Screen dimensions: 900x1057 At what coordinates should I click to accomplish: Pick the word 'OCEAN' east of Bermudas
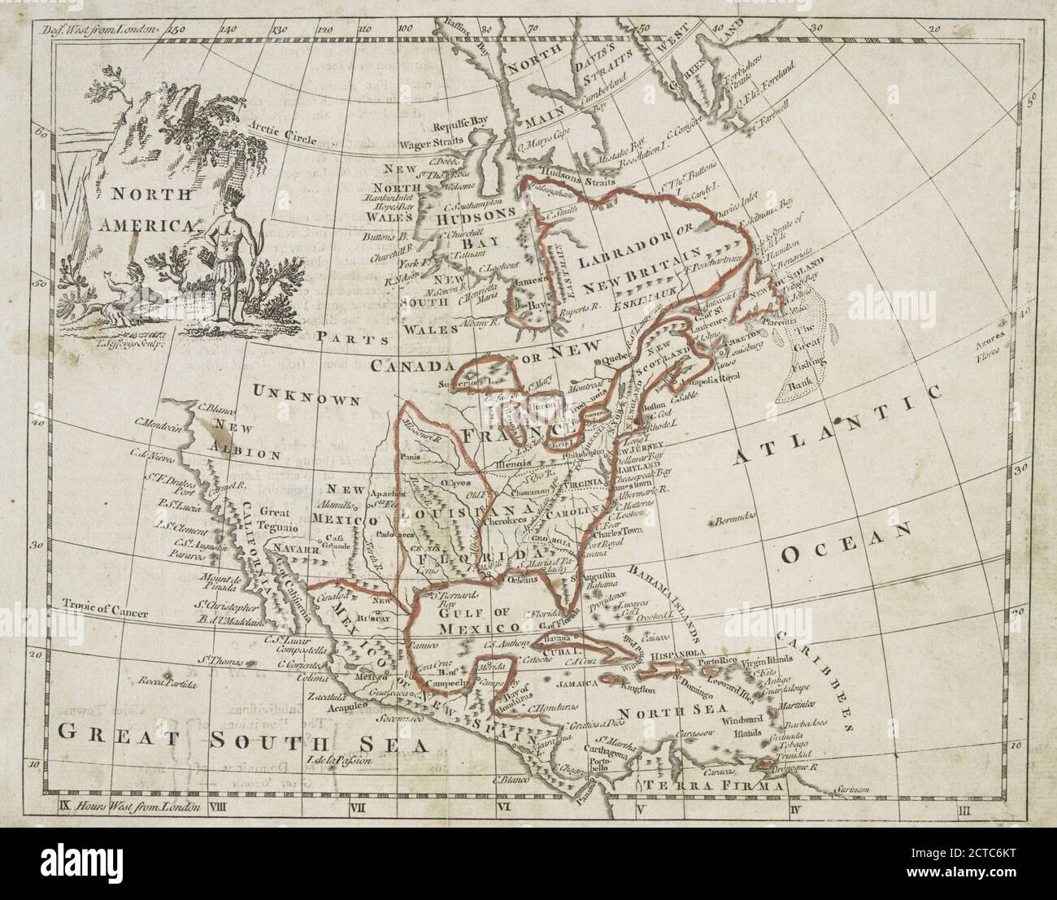coord(846,543)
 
